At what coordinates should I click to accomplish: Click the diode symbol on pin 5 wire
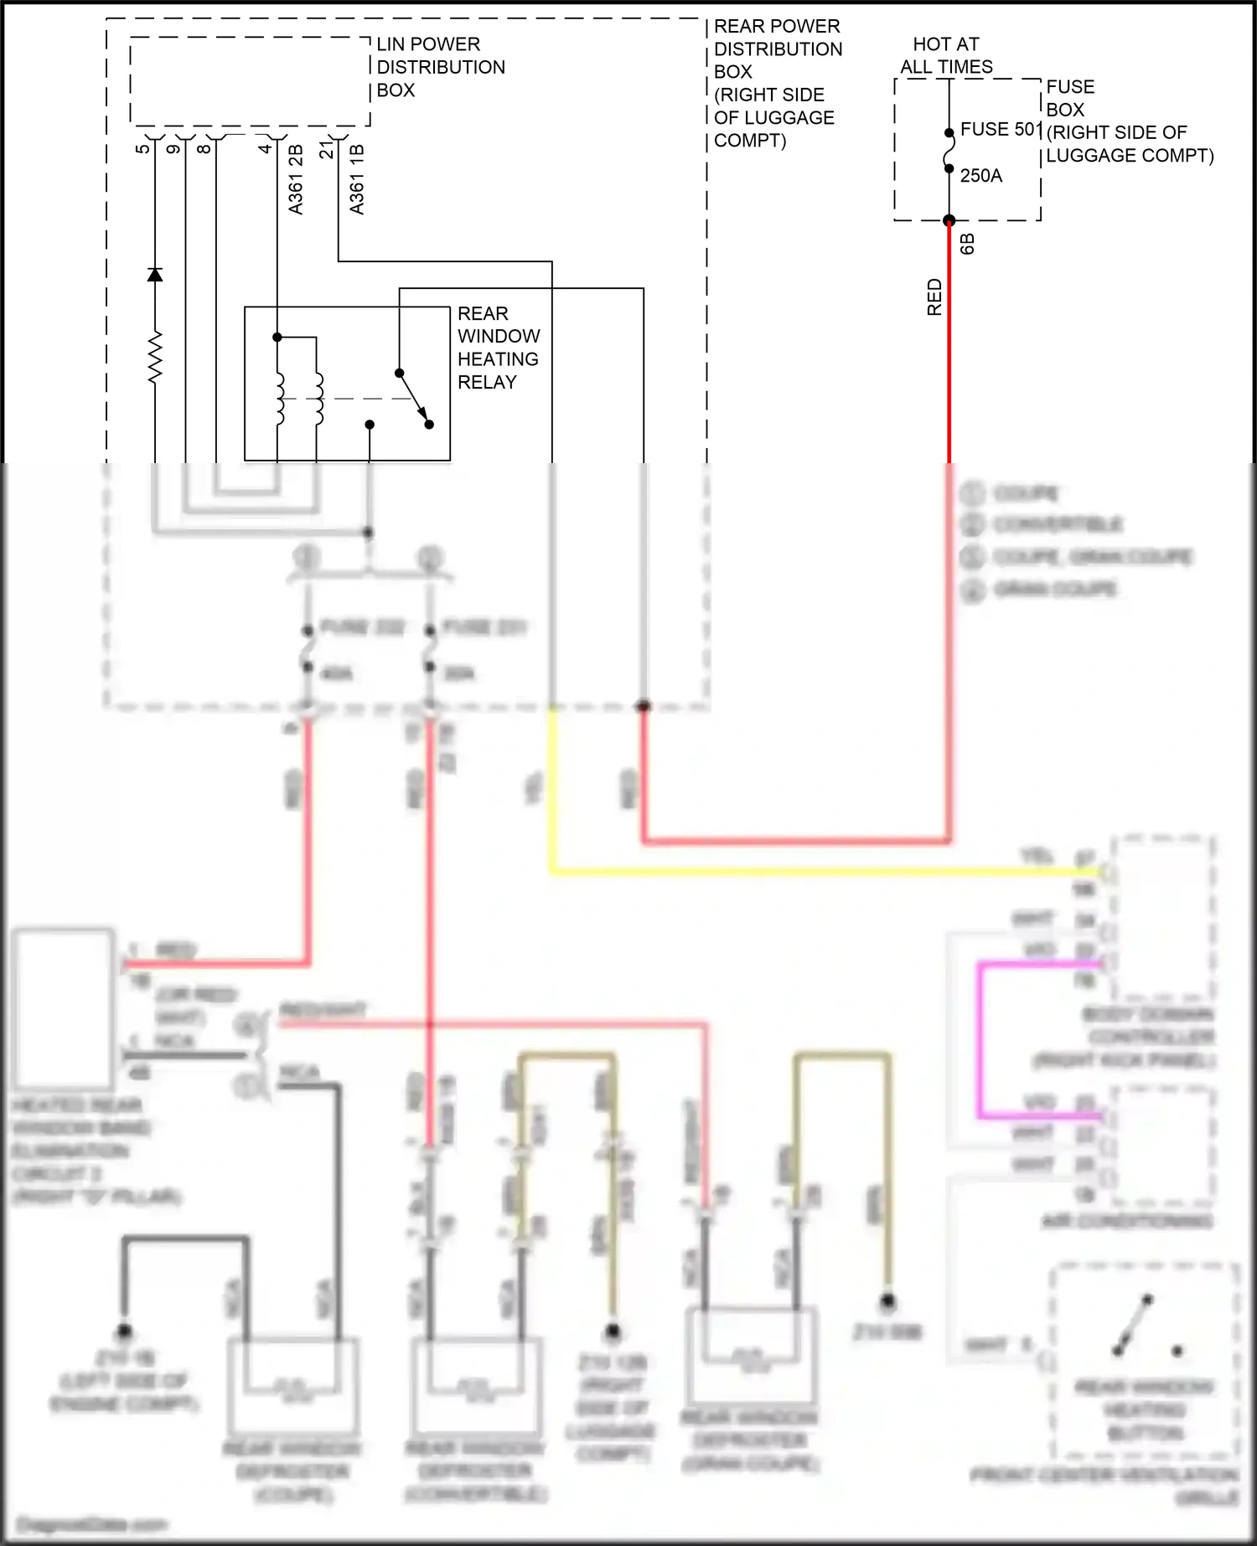click(155, 275)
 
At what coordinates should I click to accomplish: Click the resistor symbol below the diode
click(155, 358)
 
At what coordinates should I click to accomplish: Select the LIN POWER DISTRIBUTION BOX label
click(440, 67)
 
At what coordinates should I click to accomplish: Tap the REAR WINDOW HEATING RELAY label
click(498, 348)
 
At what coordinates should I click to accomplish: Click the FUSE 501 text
click(1001, 129)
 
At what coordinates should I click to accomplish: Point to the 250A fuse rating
click(980, 176)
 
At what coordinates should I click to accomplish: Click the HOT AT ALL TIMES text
click(946, 55)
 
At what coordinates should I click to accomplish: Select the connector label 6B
click(967, 244)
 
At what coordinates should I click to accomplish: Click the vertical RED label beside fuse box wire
click(934, 297)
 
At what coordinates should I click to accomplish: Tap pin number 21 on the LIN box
click(327, 150)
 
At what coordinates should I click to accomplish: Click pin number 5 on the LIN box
click(142, 148)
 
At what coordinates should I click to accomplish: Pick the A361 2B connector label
click(295, 179)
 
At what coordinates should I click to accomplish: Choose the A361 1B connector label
click(357, 179)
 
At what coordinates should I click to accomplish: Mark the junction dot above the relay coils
click(277, 338)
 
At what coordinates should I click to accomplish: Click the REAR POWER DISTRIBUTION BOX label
click(776, 83)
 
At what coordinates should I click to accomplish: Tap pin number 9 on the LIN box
click(173, 148)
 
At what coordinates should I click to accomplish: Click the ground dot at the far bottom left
click(124, 1330)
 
